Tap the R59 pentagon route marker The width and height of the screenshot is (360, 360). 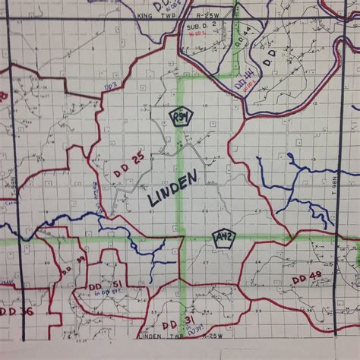pos(181,116)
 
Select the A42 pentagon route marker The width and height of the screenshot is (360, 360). pos(223,237)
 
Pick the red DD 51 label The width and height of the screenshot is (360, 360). pos(106,285)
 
